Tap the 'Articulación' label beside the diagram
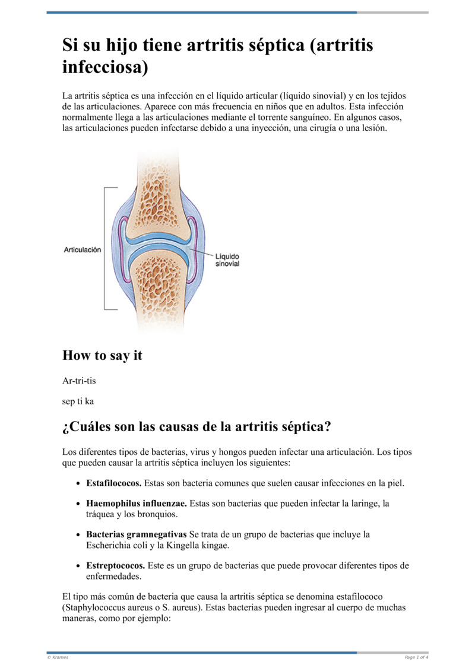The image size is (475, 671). (83, 250)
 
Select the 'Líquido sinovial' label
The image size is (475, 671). (227, 259)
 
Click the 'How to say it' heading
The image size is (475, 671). (102, 356)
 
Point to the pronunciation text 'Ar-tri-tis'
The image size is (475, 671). (79, 381)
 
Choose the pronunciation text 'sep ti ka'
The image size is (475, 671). (78, 401)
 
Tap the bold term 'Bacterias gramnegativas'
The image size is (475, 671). (137, 534)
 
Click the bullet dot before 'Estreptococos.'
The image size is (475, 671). (78, 566)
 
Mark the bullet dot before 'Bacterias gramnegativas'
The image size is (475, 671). (78, 535)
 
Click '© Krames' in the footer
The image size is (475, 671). (58, 657)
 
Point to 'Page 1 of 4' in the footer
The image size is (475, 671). (416, 657)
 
